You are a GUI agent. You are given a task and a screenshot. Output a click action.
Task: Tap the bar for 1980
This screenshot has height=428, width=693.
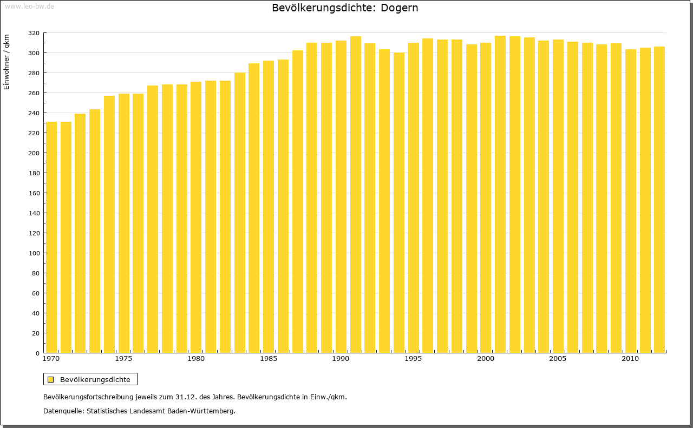196,217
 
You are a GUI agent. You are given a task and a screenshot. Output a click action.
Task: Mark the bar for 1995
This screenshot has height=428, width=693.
414,197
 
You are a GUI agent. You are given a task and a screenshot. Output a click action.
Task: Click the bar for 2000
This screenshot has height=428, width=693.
486,197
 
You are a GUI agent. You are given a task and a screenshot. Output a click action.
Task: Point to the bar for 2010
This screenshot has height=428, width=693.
631,201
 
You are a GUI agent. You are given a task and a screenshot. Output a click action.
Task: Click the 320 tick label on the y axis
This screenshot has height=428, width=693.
34,33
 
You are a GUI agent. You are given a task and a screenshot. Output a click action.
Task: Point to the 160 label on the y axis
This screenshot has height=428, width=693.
34,193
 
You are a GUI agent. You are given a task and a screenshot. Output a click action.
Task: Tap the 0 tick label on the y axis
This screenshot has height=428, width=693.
37,353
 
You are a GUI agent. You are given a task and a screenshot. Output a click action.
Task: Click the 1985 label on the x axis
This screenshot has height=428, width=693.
269,359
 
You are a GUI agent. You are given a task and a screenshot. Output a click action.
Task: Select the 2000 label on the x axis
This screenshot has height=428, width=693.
486,359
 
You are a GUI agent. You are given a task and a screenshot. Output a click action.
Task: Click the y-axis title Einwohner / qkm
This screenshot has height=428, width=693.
6,62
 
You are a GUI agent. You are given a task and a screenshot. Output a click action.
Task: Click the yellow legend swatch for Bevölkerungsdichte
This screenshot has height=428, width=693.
50,379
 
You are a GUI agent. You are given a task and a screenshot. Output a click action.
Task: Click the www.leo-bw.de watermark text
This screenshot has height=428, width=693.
29,6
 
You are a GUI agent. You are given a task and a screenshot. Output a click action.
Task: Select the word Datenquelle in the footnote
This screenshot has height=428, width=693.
63,411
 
